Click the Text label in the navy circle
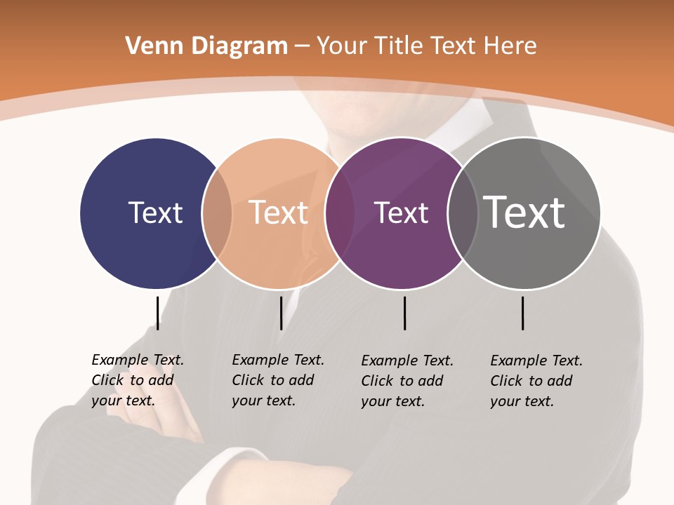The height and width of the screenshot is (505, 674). point(155,213)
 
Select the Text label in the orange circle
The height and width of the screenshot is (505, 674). point(278,213)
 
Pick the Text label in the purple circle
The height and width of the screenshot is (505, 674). point(401,213)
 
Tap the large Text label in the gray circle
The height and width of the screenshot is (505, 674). point(524,212)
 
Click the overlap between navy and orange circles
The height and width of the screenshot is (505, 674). point(217,213)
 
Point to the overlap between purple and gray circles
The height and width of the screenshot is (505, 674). point(463,213)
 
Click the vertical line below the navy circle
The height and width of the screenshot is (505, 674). point(158,313)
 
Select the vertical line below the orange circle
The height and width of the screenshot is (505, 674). point(281,313)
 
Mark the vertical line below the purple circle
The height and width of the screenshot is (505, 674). point(404,313)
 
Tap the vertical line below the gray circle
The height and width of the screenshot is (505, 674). point(523,313)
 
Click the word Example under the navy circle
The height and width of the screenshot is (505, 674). point(120,360)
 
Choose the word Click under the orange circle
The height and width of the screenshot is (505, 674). point(248,380)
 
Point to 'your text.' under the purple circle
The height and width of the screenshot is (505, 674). point(392,401)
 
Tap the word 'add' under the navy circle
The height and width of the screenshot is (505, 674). point(161,380)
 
